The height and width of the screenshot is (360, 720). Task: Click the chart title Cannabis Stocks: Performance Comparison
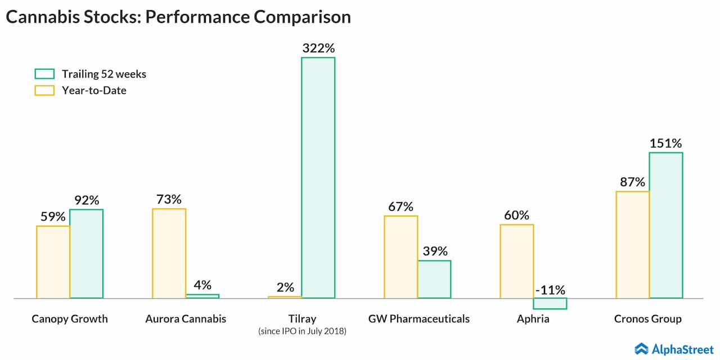click(178, 17)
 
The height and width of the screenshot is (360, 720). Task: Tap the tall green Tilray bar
click(318, 177)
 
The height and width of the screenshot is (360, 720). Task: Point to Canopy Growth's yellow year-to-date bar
click(53, 262)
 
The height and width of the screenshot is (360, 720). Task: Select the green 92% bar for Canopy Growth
click(86, 253)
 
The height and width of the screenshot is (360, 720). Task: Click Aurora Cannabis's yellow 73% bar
click(169, 253)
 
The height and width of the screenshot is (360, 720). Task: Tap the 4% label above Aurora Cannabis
click(202, 285)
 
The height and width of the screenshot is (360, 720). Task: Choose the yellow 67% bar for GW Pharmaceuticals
click(400, 256)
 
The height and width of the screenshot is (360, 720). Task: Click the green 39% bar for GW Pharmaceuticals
click(434, 279)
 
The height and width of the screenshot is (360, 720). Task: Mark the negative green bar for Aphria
click(550, 303)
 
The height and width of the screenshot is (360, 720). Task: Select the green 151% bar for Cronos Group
click(665, 225)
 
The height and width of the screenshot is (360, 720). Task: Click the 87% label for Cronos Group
click(632, 182)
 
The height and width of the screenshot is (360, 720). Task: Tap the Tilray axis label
click(302, 319)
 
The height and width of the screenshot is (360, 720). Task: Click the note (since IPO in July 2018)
click(302, 331)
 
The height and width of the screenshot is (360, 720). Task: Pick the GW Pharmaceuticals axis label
click(418, 319)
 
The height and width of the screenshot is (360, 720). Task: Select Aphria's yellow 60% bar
click(516, 261)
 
